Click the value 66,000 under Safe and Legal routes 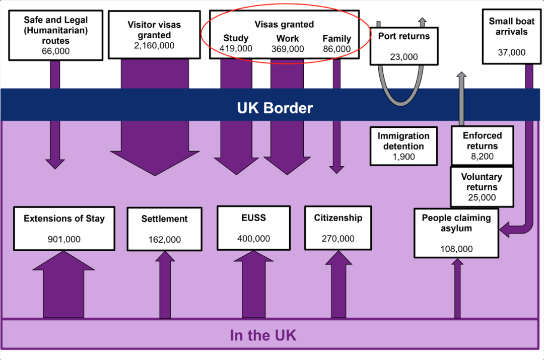point(55,51)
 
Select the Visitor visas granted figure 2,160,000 point(154,45)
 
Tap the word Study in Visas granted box point(236,38)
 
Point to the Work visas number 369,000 point(288,49)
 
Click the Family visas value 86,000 point(336,49)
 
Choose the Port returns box point(404,46)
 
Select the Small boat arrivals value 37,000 point(511,52)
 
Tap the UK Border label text point(275,108)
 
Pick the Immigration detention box point(403,146)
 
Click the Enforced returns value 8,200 point(482,157)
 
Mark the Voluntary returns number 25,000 point(482,198)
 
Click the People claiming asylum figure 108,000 point(456,249)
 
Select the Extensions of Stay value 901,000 point(64,239)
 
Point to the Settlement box point(164,229)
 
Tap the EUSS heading point(253,218)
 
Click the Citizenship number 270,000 point(338,239)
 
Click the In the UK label point(263,335)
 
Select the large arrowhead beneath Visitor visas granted point(155,163)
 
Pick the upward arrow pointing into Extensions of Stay point(63,284)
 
